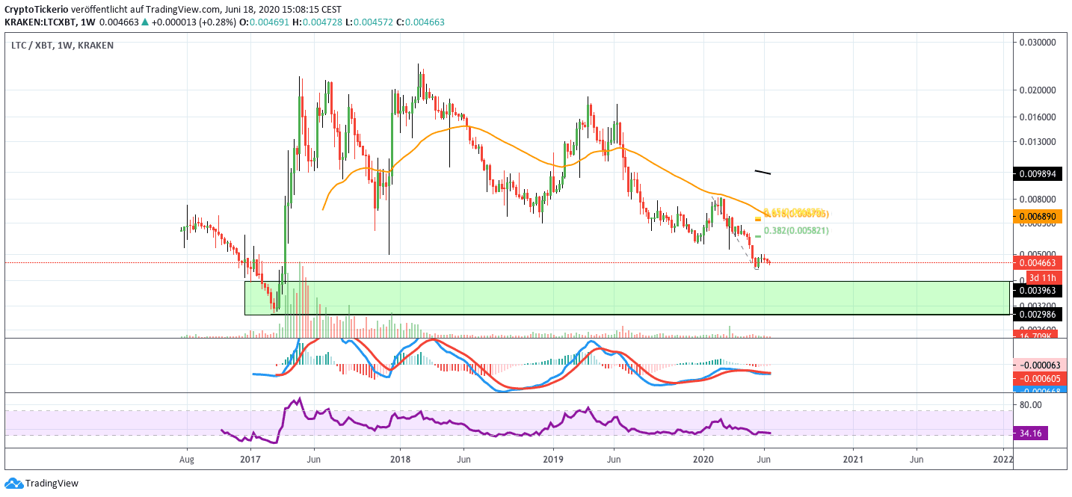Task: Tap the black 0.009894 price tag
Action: [x=1038, y=173]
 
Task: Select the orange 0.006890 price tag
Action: [x=1038, y=216]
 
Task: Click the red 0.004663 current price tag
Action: [x=1038, y=262]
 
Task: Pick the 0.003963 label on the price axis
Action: [x=1038, y=289]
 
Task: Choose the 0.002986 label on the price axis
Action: [x=1038, y=315]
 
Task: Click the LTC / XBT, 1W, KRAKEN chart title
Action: [x=62, y=46]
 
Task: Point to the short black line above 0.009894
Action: [x=763, y=173]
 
